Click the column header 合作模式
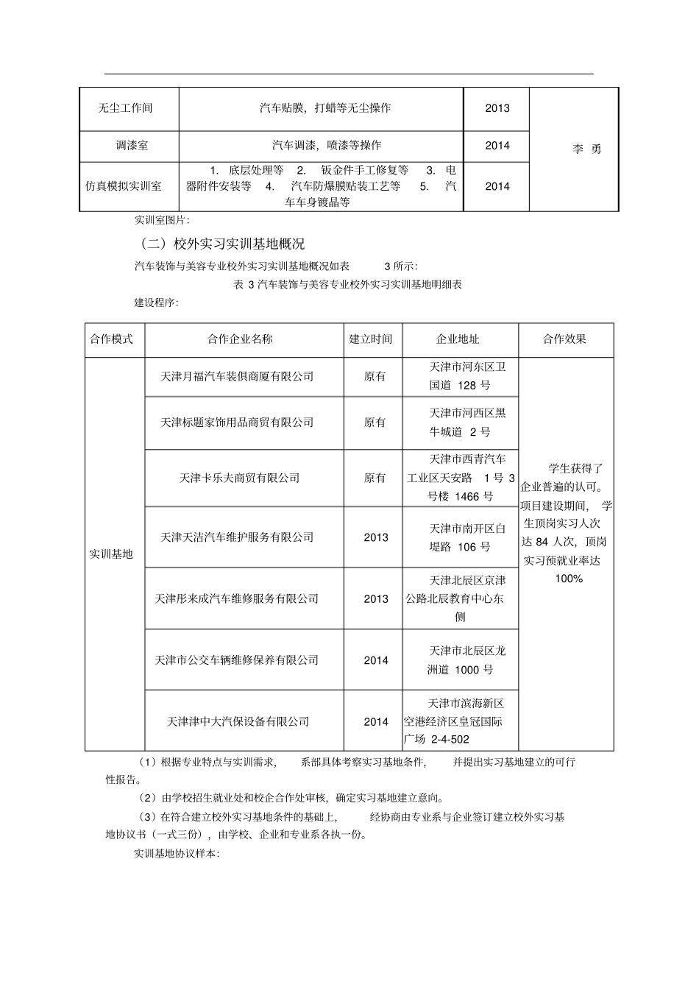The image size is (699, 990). click(112, 339)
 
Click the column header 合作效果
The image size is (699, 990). click(564, 339)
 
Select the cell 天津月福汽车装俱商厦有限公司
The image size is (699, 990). click(237, 376)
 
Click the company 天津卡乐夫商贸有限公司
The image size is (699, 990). click(240, 478)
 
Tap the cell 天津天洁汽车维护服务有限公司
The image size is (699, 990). click(237, 537)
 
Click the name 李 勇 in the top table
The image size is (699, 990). click(587, 149)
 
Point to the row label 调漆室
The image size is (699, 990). click(132, 146)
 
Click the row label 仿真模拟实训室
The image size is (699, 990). click(124, 186)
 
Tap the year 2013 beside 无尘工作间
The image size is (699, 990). click(497, 108)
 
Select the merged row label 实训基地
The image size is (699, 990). click(111, 554)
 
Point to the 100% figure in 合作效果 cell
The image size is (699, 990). click(569, 579)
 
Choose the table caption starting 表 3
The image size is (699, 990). click(347, 284)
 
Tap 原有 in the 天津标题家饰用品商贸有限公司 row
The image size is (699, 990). click(375, 422)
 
